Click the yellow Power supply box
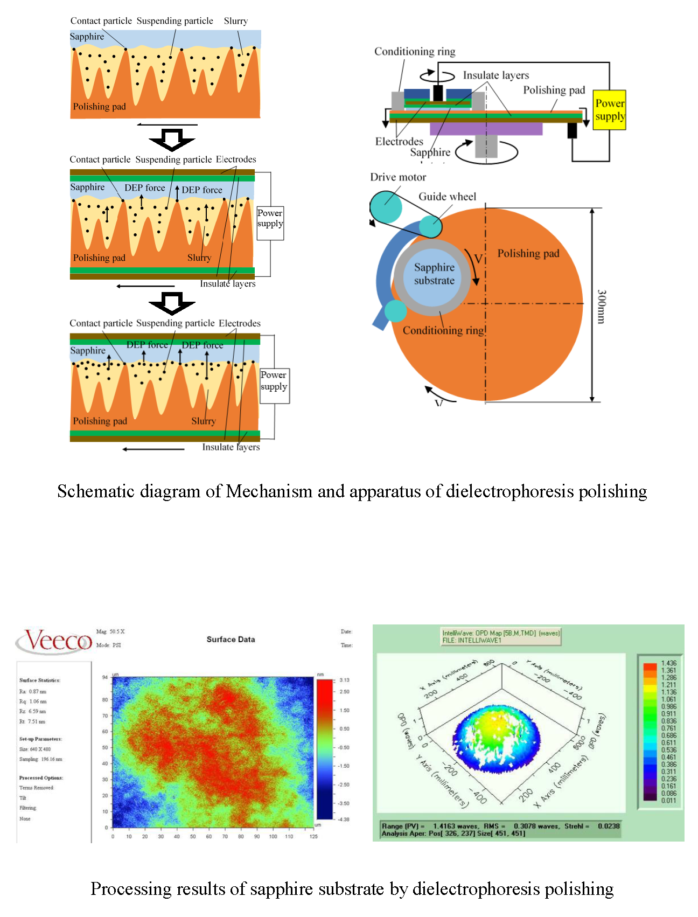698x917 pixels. click(610, 110)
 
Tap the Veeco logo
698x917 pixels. click(54, 641)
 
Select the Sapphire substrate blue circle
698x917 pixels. click(434, 274)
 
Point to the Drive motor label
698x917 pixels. click(398, 177)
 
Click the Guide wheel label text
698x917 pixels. click(447, 197)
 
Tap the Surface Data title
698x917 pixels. click(231, 640)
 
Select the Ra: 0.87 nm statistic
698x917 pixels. click(33, 691)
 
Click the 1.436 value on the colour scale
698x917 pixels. click(668, 663)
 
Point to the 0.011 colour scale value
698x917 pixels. click(668, 800)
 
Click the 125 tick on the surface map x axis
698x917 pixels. click(313, 837)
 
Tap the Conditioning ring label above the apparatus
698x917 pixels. click(415, 52)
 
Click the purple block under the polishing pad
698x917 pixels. click(486, 129)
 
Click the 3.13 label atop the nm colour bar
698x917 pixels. click(344, 680)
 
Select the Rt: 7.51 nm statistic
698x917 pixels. click(32, 721)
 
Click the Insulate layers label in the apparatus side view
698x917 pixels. click(495, 75)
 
